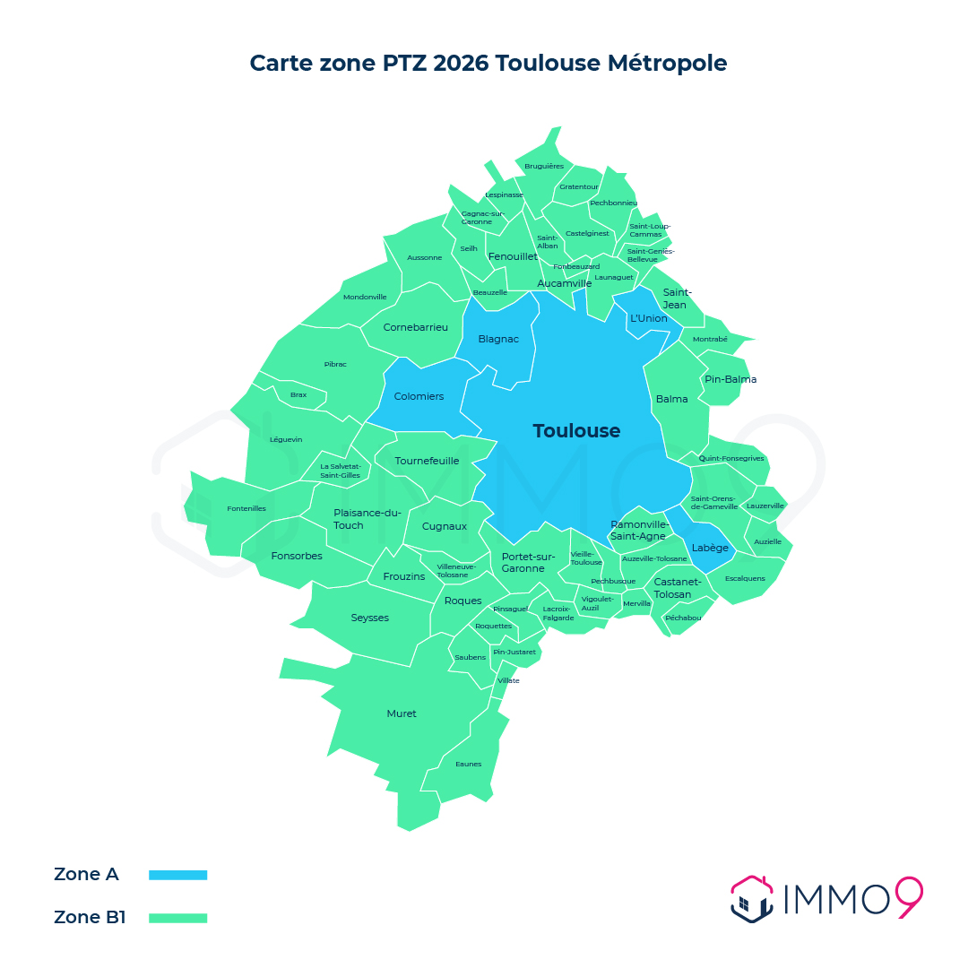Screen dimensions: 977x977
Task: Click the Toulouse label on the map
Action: (576, 431)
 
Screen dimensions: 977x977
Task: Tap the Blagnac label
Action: (498, 339)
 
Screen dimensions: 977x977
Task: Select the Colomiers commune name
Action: (419, 396)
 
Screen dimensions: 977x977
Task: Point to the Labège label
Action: (710, 548)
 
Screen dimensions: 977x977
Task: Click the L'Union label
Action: (648, 318)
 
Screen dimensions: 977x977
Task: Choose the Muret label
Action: (402, 713)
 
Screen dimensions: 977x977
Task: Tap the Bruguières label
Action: (544, 166)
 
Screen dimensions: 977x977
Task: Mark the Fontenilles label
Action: (246, 508)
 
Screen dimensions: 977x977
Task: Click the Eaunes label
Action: (468, 764)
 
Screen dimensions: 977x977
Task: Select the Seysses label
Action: (369, 618)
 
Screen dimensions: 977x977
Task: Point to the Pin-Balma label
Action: (731, 379)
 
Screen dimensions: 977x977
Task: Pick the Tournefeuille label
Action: (427, 461)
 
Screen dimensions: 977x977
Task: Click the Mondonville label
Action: (365, 297)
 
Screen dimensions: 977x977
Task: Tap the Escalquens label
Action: (745, 578)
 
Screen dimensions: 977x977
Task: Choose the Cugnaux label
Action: (445, 526)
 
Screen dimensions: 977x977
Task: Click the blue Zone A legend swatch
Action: (177, 875)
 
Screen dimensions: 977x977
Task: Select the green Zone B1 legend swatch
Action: (177, 918)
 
